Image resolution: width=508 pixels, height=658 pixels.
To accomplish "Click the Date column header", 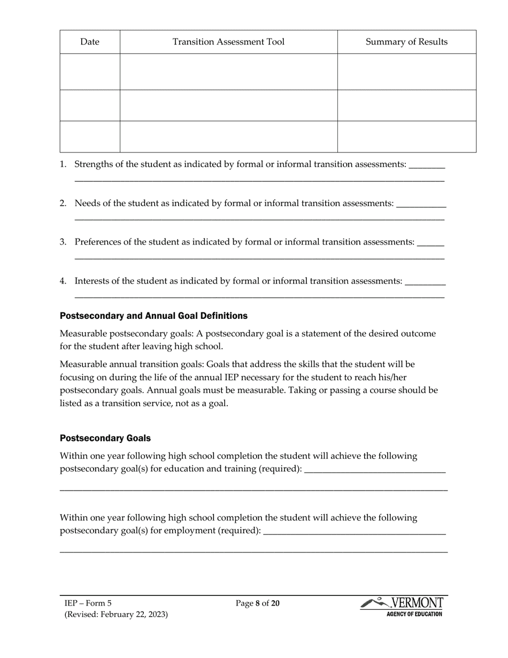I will click(90, 42).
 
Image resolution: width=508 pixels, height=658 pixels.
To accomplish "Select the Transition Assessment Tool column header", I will click(228, 42).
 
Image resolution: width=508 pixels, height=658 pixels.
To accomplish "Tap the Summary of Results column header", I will click(406, 42).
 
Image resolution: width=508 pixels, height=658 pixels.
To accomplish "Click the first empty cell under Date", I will click(90, 72).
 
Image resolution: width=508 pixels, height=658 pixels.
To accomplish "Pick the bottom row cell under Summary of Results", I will click(406, 136).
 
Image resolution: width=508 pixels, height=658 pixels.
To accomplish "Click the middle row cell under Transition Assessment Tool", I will click(228, 105).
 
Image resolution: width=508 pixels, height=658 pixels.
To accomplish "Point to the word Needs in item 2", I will click(87, 203).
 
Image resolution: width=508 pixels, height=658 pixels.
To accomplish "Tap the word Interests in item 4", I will click(92, 281).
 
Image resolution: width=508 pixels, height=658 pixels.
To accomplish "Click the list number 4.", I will click(63, 281).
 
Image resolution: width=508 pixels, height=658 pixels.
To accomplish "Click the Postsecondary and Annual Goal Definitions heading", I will click(153, 316).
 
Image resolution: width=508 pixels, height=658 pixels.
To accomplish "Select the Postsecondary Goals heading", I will click(105, 438).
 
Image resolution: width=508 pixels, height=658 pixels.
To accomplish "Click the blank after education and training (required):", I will click(374, 470).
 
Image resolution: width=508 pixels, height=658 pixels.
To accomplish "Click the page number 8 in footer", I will click(257, 603).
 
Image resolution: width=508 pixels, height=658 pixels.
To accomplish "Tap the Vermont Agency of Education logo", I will click(403, 607).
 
